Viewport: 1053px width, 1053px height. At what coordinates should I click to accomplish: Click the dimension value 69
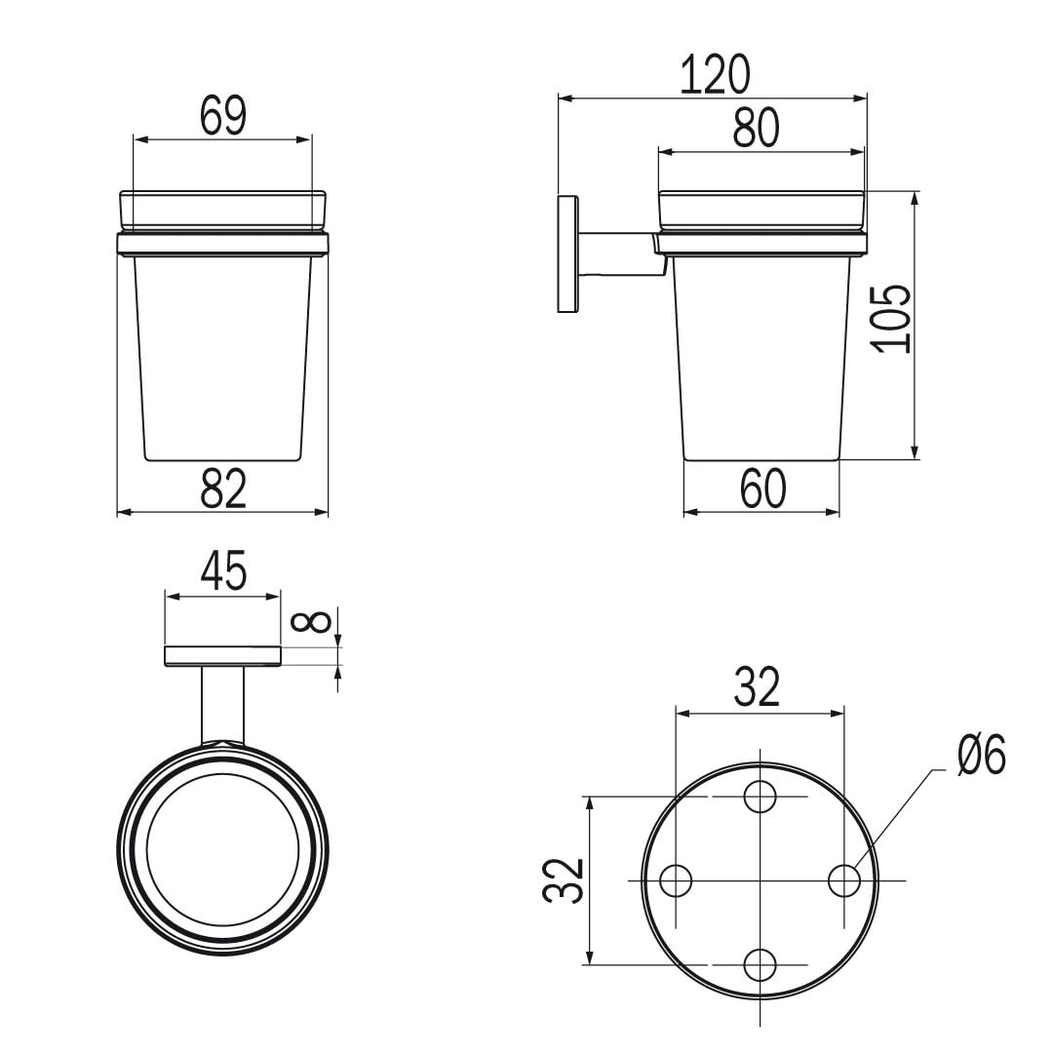coord(223,115)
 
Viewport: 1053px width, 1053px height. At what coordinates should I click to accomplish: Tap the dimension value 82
coord(223,488)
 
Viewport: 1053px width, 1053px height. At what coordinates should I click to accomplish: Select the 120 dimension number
coord(714,75)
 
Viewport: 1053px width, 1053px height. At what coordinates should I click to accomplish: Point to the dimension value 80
coord(757,128)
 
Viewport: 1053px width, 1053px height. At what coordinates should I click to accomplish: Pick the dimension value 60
coord(762,488)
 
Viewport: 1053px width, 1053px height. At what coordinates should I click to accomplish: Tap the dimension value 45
coord(223,571)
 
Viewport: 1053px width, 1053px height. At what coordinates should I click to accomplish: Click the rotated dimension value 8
coord(311,621)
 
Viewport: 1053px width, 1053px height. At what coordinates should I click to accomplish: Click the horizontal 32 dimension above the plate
coord(757,686)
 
